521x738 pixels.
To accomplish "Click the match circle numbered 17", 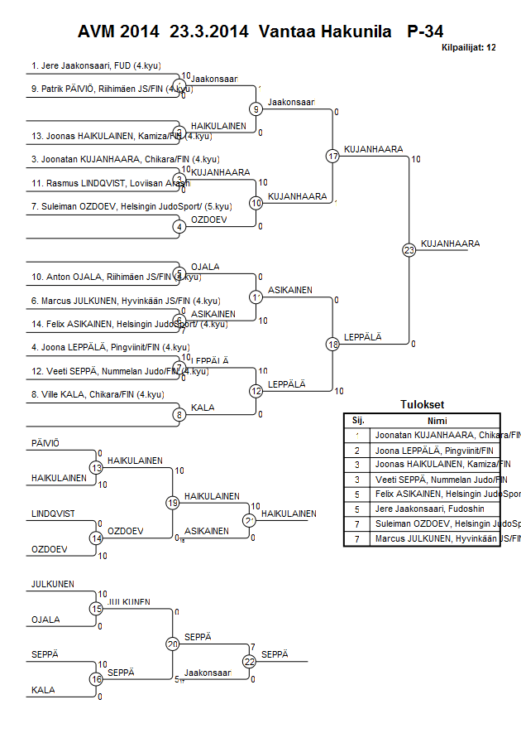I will tap(333, 156).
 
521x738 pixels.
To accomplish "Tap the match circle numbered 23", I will tap(409, 249).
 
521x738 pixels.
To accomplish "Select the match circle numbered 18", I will tap(333, 344).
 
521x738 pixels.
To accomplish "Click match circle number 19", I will tap(173, 502).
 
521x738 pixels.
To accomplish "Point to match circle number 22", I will tap(249, 661).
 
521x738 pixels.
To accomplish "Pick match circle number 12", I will tap(256, 390).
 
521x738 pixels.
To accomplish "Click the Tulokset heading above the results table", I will tap(422, 405).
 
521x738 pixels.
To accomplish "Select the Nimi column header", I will tap(437, 420).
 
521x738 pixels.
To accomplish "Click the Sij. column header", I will tap(357, 420).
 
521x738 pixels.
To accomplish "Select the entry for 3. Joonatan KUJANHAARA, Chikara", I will tap(113, 158).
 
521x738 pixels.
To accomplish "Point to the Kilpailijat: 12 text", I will tap(468, 47).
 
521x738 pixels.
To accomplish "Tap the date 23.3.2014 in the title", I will tap(209, 31).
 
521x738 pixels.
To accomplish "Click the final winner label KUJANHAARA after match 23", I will tap(451, 244).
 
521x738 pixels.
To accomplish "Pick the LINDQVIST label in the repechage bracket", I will tap(53, 514).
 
